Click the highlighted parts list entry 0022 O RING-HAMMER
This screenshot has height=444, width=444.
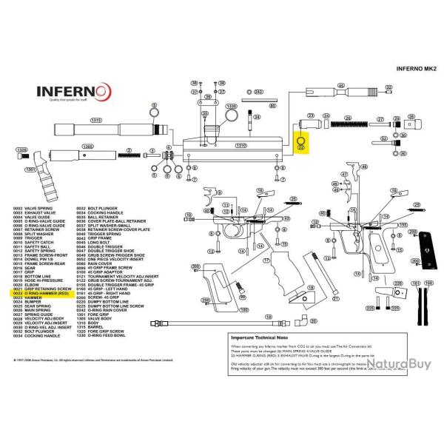click(43, 293)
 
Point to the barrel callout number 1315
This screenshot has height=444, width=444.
click(95, 120)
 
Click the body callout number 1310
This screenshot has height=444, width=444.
click(240, 146)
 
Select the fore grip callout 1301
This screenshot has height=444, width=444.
click(30, 169)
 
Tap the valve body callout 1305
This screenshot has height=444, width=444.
click(88, 147)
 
